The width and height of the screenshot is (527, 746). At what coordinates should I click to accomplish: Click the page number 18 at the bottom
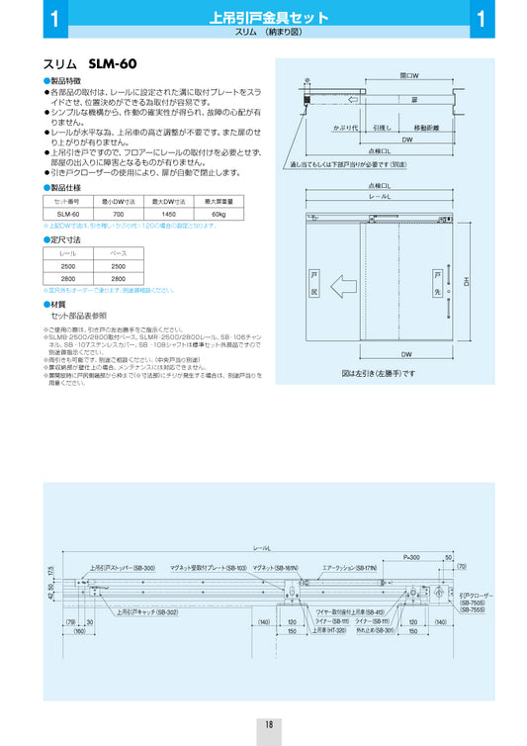click(x=268, y=724)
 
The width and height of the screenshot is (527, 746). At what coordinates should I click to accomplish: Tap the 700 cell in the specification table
click(x=119, y=213)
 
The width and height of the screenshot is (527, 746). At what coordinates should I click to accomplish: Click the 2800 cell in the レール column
click(x=68, y=279)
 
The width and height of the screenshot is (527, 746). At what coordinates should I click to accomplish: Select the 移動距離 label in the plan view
click(x=426, y=128)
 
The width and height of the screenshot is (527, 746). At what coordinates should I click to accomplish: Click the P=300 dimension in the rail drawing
click(x=411, y=557)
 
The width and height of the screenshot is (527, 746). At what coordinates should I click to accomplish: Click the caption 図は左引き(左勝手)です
click(x=379, y=374)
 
